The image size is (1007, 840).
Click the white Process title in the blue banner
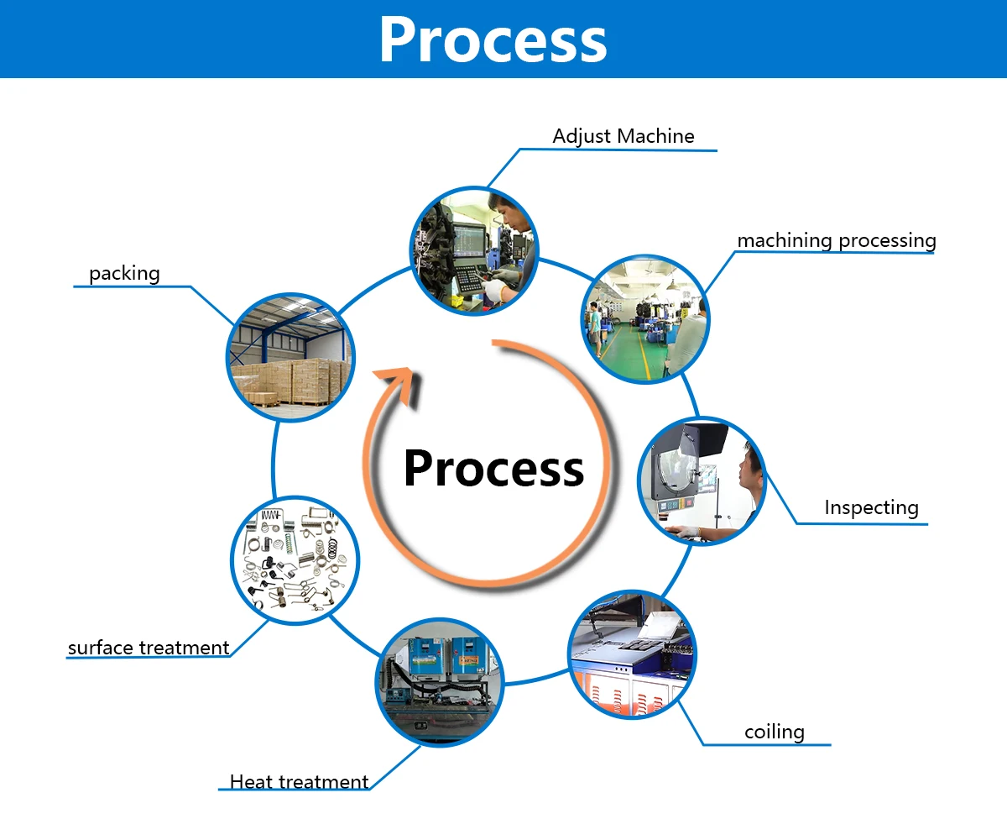click(493, 39)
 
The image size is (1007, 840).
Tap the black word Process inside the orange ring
click(493, 468)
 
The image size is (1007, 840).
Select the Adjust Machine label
click(624, 136)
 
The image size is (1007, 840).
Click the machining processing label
click(836, 240)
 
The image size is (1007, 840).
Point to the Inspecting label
click(871, 507)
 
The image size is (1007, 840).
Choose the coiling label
click(774, 732)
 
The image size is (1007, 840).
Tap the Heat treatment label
click(299, 781)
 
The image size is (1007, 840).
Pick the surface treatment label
click(149, 648)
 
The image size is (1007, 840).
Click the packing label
click(124, 273)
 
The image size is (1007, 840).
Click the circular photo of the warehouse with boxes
click(291, 357)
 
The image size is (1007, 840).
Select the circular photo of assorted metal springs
click(295, 559)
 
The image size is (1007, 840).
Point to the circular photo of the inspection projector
click(702, 480)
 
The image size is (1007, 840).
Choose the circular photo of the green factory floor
click(645, 319)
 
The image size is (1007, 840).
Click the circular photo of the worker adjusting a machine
click(474, 251)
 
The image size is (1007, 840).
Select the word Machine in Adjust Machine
click(655, 136)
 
